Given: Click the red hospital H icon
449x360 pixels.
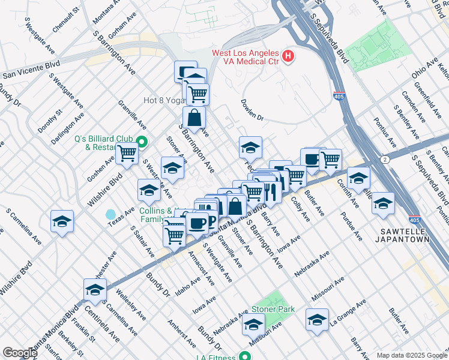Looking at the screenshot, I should point(289,57).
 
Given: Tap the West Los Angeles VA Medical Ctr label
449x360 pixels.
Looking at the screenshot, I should point(246,57).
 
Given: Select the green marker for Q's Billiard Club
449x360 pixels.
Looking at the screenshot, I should point(142,142).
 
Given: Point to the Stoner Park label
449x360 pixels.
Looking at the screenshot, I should point(277,309).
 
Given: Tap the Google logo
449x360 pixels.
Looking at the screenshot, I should point(19,353).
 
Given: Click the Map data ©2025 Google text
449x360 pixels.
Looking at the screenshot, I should point(411,355).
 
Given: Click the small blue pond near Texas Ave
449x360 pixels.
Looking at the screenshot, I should point(110,214).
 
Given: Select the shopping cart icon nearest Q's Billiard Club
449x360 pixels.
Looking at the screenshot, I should point(127,154).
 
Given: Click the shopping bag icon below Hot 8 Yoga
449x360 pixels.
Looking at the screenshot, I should point(194,116).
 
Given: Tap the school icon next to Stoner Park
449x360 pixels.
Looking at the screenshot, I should point(253,325).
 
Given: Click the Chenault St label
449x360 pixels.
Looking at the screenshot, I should point(66,20).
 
